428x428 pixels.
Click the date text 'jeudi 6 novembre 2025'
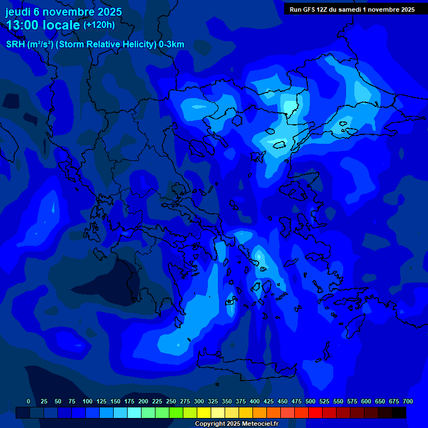pyautogui.click(x=64, y=12)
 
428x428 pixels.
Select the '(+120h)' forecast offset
pyautogui.click(x=99, y=25)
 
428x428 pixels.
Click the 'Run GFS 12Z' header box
pyautogui.click(x=352, y=9)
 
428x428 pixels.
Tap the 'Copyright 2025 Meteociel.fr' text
pyautogui.click(x=236, y=424)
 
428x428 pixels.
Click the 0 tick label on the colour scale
pyautogui.click(x=28, y=402)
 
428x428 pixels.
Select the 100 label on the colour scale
pyautogui.click(x=87, y=402)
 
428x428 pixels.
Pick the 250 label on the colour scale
pyautogui.click(x=171, y=402)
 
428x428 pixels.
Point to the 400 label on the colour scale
pyautogui.click(x=255, y=402)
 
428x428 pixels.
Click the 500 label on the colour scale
pyautogui.click(x=310, y=402)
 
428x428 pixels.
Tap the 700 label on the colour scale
pyautogui.click(x=408, y=402)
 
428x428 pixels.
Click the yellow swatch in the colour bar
pyautogui.click(x=204, y=413)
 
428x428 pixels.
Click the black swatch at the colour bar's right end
pyautogui.click(x=399, y=413)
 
